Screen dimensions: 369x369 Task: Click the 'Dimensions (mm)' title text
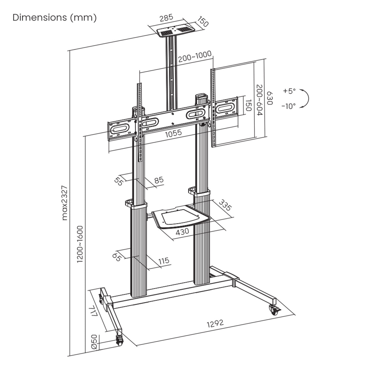54,18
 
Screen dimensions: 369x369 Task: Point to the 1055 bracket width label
174,133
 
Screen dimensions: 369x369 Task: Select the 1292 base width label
215,323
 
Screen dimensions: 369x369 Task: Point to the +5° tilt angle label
289,91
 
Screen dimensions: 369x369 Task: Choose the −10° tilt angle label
288,106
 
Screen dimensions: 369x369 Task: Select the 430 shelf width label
182,231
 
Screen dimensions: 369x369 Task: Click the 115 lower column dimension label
164,260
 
